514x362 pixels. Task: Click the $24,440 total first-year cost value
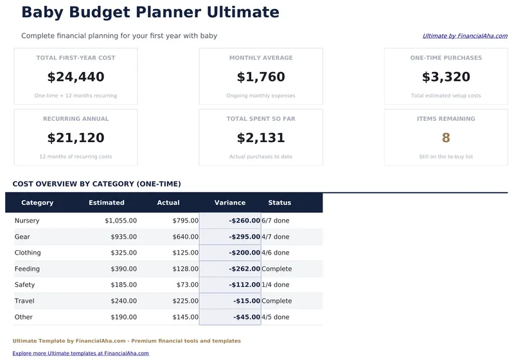pyautogui.click(x=76, y=77)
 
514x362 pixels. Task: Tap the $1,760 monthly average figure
pyautogui.click(x=261, y=77)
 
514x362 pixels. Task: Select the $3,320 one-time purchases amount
pyautogui.click(x=446, y=77)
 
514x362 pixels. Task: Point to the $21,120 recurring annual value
pyautogui.click(x=76, y=138)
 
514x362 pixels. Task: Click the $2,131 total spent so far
pyautogui.click(x=261, y=138)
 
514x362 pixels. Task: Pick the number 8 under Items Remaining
pyautogui.click(x=446, y=138)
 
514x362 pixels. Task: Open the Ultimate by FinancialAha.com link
pyautogui.click(x=465, y=37)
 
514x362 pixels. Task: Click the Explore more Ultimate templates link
pyautogui.click(x=80, y=353)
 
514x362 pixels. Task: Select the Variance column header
pyautogui.click(x=230, y=203)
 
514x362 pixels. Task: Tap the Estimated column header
pyautogui.click(x=107, y=203)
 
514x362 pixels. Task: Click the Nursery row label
pyautogui.click(x=27, y=221)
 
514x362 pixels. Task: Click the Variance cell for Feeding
pyautogui.click(x=245, y=269)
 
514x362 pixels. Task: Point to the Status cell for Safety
pyautogui.click(x=276, y=285)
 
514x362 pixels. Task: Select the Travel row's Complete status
pyautogui.click(x=277, y=301)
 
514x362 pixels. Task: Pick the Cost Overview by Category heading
pyautogui.click(x=96, y=184)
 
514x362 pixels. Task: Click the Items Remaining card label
pyautogui.click(x=446, y=119)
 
